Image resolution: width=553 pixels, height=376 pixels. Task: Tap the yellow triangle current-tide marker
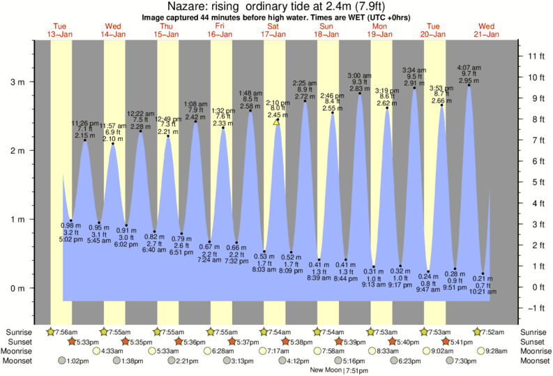(277, 121)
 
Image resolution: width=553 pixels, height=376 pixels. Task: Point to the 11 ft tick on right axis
(536, 56)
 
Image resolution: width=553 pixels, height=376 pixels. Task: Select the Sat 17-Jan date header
(274, 30)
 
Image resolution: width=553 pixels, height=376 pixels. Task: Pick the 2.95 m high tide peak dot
(469, 86)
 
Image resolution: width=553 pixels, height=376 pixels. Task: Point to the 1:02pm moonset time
(83, 361)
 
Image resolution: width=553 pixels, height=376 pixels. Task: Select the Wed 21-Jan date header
(487, 30)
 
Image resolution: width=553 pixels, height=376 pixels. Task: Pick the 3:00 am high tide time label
(359, 75)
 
